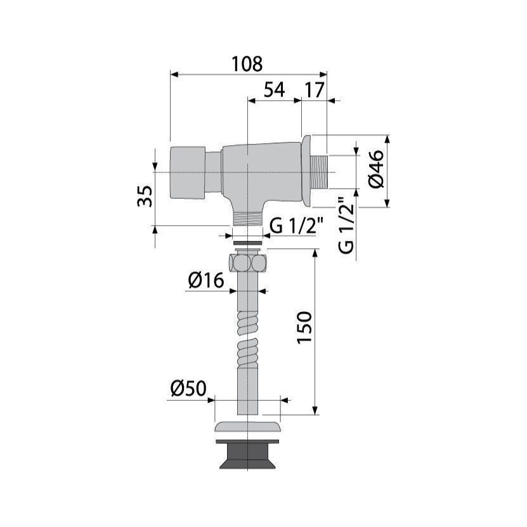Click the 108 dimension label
[247, 64]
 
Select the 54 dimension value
[274, 90]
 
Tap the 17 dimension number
[315, 90]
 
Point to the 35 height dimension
[145, 196]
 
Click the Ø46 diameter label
[376, 169]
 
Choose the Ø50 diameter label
[188, 389]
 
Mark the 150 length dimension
[304, 327]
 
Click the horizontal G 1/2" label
[296, 225]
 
